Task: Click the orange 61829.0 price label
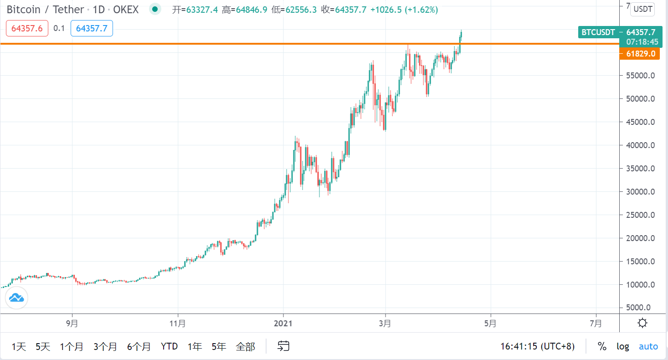(x=640, y=54)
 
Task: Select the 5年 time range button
(x=219, y=347)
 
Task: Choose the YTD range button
(x=169, y=347)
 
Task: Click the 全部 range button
(x=245, y=347)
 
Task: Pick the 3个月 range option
(x=105, y=347)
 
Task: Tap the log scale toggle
(x=622, y=346)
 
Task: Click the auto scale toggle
(x=648, y=346)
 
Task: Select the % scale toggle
(x=602, y=346)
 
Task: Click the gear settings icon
(x=642, y=324)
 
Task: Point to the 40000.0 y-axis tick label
(x=640, y=145)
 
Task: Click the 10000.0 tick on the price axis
(x=640, y=285)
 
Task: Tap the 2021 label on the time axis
(x=283, y=324)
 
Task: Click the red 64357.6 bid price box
(x=27, y=28)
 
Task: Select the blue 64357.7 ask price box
(x=92, y=28)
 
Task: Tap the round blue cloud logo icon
(x=16, y=298)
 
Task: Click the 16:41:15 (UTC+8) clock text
(x=537, y=346)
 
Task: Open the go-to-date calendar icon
(x=283, y=346)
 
